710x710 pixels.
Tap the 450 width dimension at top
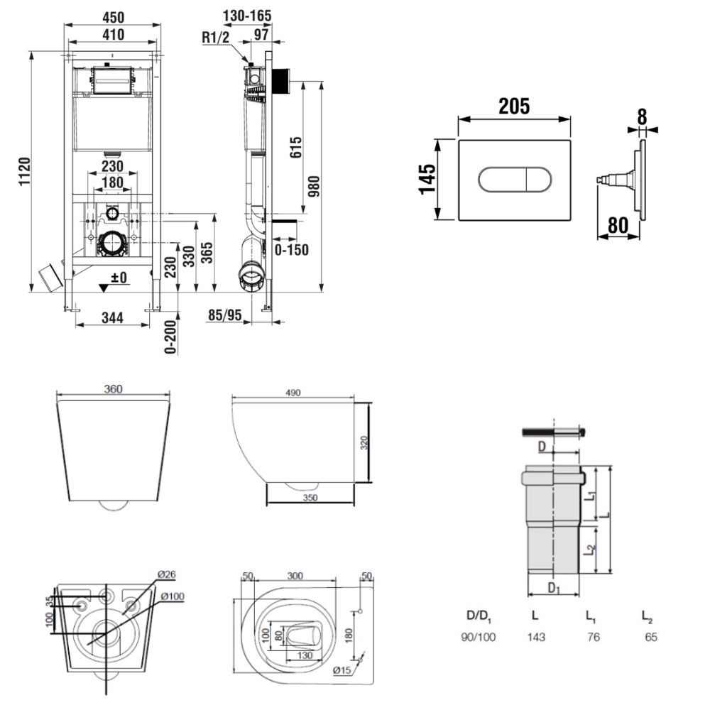coord(113,16)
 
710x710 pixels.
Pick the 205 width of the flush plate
coord(513,106)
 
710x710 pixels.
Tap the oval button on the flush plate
coord(513,180)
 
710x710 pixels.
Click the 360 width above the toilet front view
coord(114,389)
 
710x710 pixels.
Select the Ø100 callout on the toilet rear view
coord(172,596)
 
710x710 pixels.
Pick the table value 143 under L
coord(536,637)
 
